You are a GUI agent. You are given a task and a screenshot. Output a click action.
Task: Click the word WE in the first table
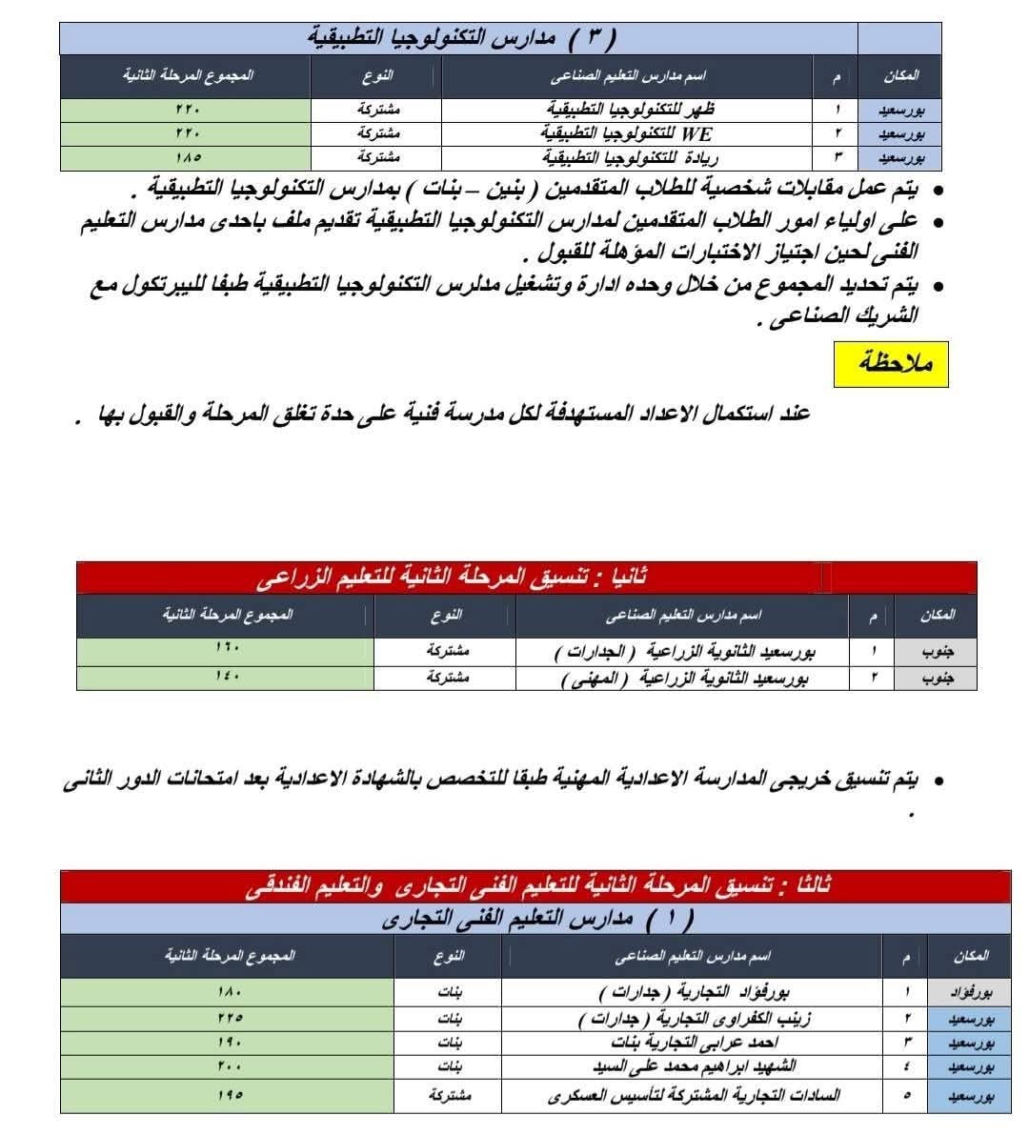point(697,133)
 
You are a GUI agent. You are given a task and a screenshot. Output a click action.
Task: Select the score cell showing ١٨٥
point(188,157)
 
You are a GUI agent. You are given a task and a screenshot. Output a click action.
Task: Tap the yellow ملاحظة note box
point(890,363)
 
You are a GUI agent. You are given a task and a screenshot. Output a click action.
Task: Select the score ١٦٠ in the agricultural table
point(226,652)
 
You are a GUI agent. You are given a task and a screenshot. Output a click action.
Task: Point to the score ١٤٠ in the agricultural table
point(226,677)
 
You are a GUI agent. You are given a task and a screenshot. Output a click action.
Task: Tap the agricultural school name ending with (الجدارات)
point(685,653)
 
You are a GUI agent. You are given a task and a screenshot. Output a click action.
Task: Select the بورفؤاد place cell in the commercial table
point(971,992)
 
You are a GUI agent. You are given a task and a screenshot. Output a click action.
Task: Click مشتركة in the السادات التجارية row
point(450,1095)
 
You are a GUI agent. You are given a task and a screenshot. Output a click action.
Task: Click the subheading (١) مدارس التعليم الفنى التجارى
point(536,919)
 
